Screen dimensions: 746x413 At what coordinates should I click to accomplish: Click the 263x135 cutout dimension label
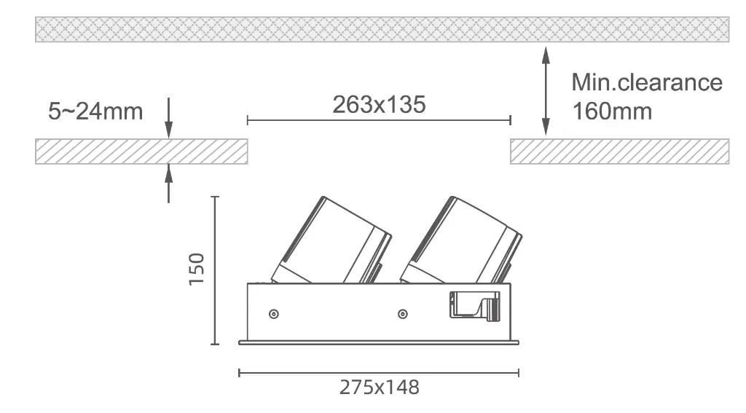[379, 105]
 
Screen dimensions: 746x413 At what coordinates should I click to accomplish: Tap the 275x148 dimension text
[379, 388]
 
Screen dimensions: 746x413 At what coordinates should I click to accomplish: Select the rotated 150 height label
[197, 270]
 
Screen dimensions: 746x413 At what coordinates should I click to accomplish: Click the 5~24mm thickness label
[95, 111]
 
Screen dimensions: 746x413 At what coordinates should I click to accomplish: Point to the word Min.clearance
[647, 82]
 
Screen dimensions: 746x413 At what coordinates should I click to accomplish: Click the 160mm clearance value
[612, 111]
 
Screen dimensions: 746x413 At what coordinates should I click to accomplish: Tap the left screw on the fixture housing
[274, 314]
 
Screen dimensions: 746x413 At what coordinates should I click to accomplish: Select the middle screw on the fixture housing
[402, 314]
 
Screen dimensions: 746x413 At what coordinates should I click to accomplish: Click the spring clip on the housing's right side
[475, 305]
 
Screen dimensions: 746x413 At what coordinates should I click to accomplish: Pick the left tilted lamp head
[331, 241]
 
